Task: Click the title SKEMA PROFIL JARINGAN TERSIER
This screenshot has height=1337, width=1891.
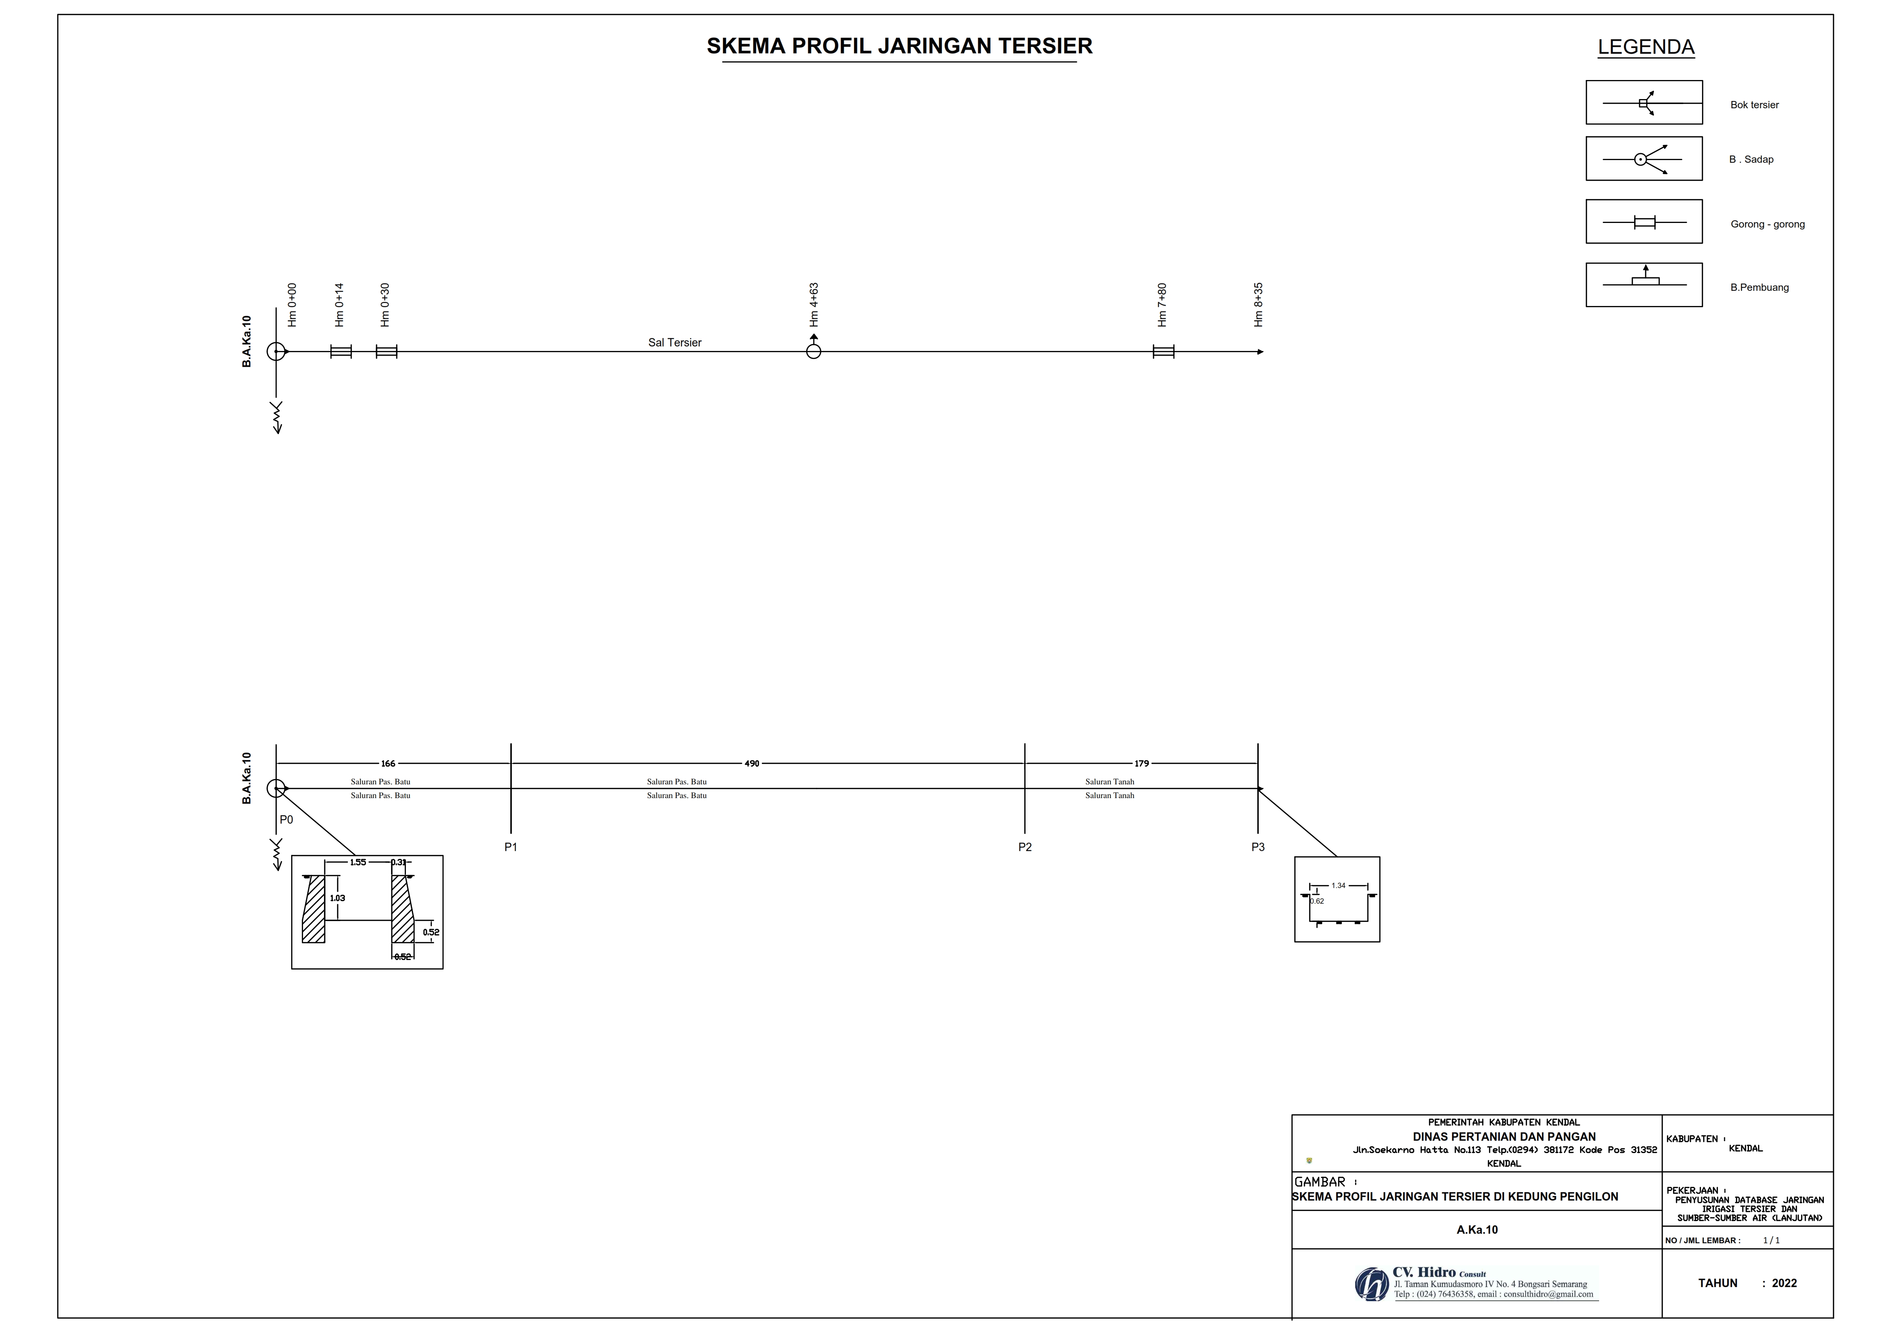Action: [x=899, y=46]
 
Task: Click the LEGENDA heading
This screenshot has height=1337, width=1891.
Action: [x=1646, y=47]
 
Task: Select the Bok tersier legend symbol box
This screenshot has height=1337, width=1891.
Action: [x=1644, y=102]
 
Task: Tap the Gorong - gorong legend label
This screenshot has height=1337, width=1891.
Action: [x=1768, y=224]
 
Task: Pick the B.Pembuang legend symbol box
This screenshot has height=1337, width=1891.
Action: [x=1644, y=285]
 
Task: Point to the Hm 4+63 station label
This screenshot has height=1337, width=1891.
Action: [x=814, y=305]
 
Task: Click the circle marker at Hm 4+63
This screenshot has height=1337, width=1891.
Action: [x=814, y=352]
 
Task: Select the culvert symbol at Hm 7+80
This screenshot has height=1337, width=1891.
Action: [x=1163, y=352]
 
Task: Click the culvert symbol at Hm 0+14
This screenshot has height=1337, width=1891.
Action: [x=341, y=352]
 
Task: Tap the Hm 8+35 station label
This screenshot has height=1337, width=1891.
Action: [x=1258, y=305]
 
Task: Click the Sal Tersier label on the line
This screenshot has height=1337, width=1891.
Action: [x=675, y=343]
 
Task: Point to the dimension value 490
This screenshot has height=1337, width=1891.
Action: [x=752, y=764]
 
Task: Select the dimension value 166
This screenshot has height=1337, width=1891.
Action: [x=388, y=764]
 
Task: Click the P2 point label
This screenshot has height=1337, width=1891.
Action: [x=1024, y=847]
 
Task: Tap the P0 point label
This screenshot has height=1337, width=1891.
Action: [x=286, y=820]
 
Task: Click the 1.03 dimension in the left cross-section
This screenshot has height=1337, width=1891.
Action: [x=338, y=898]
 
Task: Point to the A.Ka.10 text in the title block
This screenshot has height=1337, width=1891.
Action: [x=1477, y=1230]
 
